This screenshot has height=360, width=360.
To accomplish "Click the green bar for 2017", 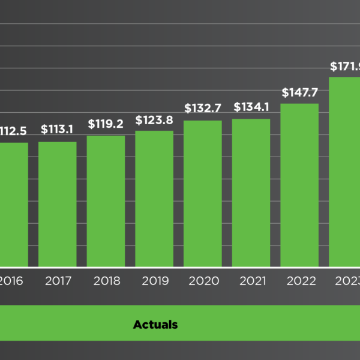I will pyautogui.click(x=58, y=204).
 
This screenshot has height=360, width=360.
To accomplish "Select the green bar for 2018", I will pyautogui.click(x=106, y=201).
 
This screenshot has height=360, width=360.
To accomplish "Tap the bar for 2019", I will pyautogui.click(x=154, y=199).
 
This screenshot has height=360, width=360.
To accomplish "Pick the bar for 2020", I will pyautogui.click(x=203, y=193).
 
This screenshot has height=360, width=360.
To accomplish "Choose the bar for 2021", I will pyautogui.click(x=251, y=193).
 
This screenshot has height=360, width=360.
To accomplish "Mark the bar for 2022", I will pyautogui.click(x=299, y=185).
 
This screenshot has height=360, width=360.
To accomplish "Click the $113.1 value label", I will pyautogui.click(x=58, y=129).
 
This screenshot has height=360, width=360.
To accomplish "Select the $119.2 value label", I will pyautogui.click(x=106, y=124).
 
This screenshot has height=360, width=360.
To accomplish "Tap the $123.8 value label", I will pyautogui.click(x=154, y=120).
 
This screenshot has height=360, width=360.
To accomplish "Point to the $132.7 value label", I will pyautogui.click(x=203, y=109).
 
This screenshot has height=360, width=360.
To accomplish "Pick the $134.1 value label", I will pyautogui.click(x=251, y=108).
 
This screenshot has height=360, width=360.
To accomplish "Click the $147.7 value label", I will pyautogui.click(x=299, y=93).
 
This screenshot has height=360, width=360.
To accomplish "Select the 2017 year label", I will pyautogui.click(x=58, y=281).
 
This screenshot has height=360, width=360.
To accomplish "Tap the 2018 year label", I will pyautogui.click(x=106, y=281).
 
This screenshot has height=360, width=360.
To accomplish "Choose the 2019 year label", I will pyautogui.click(x=154, y=281).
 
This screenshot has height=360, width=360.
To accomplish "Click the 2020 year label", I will pyautogui.click(x=203, y=281).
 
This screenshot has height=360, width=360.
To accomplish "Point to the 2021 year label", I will pyautogui.click(x=251, y=281).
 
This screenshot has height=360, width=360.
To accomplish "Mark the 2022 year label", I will pyautogui.click(x=299, y=281).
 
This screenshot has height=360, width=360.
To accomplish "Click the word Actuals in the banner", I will pyautogui.click(x=155, y=325).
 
